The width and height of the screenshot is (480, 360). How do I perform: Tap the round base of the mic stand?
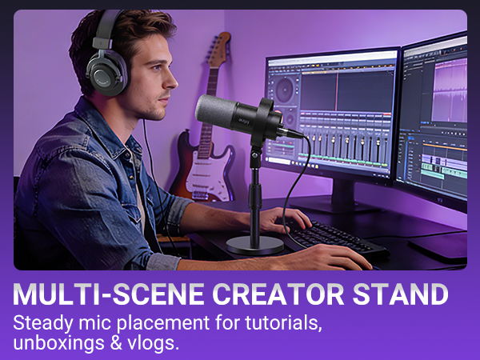254,244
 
